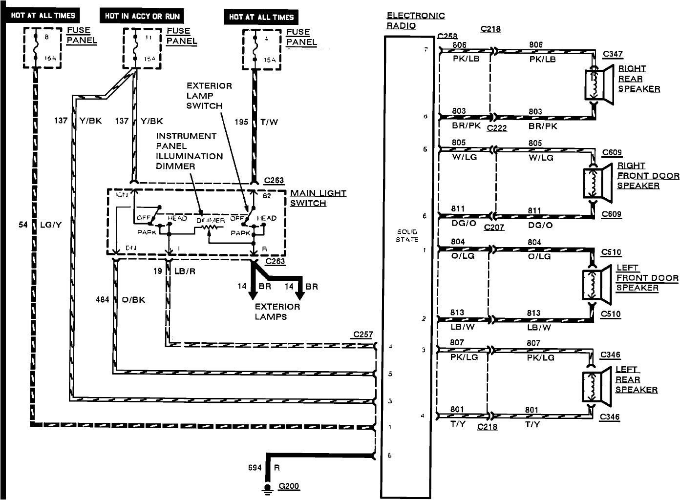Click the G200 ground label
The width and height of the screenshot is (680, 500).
pyautogui.click(x=288, y=486)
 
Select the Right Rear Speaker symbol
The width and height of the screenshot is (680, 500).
pyautogui.click(x=599, y=85)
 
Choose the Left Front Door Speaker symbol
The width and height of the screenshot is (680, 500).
pyautogui.click(x=597, y=284)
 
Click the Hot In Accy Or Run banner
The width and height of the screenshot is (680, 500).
pyautogui.click(x=142, y=16)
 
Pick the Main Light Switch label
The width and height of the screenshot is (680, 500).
pyautogui.click(x=318, y=198)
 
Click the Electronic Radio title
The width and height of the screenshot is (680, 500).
pyautogui.click(x=416, y=21)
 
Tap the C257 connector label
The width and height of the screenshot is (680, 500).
pyautogui.click(x=363, y=335)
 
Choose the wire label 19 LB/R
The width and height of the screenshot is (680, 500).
pyautogui.click(x=174, y=271)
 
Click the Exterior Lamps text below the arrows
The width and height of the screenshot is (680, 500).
pyautogui.click(x=277, y=312)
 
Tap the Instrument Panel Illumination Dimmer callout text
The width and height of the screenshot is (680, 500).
pyautogui.click(x=189, y=151)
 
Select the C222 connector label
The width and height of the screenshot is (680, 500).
pyautogui.click(x=497, y=128)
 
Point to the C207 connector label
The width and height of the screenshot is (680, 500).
pyautogui.click(x=494, y=227)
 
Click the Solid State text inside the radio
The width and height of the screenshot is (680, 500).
pyautogui.click(x=407, y=235)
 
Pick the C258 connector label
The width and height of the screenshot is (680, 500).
pyautogui.click(x=447, y=36)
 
